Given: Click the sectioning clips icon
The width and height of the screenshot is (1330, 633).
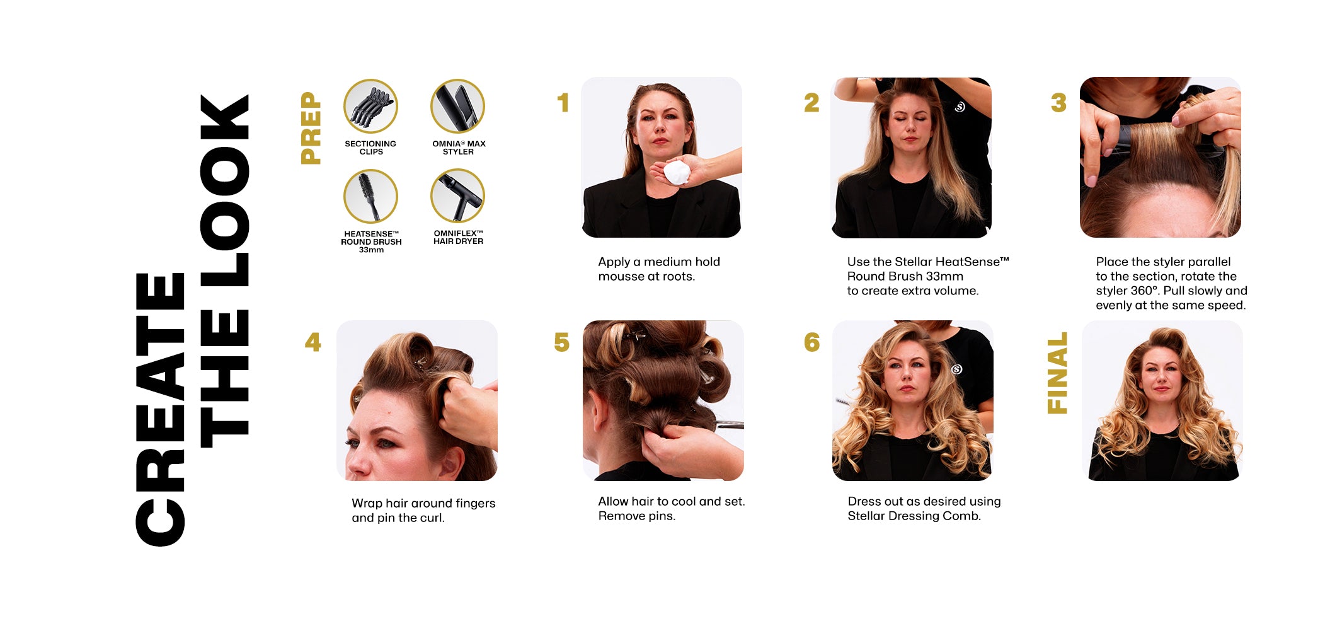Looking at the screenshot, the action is [370, 106].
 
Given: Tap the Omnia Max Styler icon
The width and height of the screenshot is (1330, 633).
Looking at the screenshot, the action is [457, 106].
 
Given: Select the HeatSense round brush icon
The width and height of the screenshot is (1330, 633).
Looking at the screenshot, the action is [370, 196].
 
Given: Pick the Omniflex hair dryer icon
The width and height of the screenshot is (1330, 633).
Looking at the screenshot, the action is [457, 196].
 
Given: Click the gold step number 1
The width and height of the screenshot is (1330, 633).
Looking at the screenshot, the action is [563, 103].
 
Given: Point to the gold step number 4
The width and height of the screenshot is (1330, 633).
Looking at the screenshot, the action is [313, 342].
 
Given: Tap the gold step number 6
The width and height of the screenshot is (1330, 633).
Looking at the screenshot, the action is [811, 342].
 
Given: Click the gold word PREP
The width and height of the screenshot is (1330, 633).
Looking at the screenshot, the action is [311, 128].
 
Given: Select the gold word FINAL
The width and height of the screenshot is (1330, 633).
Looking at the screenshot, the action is [1057, 373].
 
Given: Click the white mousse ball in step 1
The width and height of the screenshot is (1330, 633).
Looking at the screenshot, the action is [676, 172].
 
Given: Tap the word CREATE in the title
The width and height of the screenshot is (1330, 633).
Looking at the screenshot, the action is [160, 410].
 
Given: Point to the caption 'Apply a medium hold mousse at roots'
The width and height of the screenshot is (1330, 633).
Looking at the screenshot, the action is [659, 269].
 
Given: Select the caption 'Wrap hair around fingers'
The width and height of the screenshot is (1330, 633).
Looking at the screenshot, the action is [423, 503].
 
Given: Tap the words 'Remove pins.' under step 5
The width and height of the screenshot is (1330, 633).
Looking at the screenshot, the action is [636, 516].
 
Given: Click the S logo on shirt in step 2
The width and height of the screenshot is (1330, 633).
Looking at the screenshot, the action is [960, 107].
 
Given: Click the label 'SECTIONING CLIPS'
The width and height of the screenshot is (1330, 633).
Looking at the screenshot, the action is [370, 148].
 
